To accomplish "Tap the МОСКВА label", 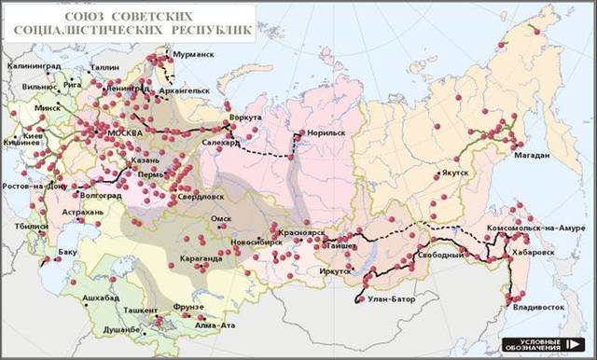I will click(125, 132).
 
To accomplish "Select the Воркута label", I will click(246, 118).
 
